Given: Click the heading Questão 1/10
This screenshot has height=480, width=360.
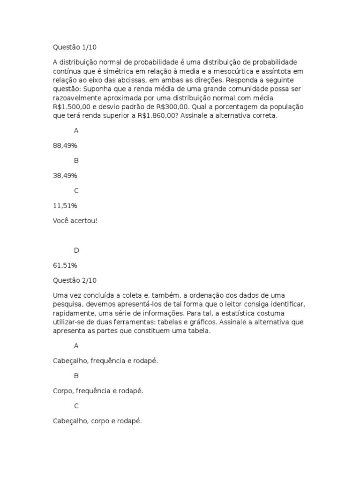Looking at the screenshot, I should (x=75, y=47).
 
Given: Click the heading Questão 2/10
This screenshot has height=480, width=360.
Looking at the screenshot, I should (x=75, y=280).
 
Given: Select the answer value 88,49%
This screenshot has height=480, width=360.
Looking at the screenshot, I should (x=65, y=145).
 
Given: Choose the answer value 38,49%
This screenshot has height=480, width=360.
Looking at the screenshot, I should (x=65, y=175).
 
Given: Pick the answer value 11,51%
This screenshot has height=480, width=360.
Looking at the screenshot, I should (x=65, y=205).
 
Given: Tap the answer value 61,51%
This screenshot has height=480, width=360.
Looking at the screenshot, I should (x=65, y=265).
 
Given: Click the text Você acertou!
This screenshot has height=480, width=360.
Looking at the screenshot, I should (x=75, y=220).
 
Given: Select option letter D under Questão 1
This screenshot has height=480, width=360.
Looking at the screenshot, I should (x=76, y=250).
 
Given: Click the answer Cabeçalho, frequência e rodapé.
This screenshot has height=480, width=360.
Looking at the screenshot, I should (x=105, y=361).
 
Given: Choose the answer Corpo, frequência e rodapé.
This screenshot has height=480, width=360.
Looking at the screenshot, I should (x=98, y=391).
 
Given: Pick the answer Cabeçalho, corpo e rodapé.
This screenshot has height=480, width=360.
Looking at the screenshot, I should (x=97, y=421).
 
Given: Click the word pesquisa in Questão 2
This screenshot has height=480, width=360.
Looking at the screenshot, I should (x=67, y=304).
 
